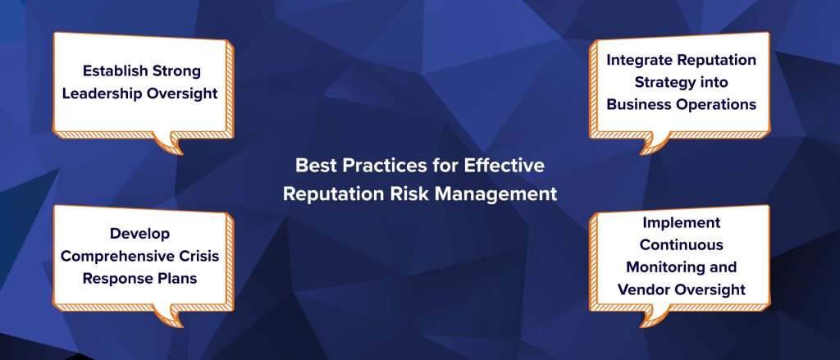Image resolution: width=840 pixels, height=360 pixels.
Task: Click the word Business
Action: coord(636,105)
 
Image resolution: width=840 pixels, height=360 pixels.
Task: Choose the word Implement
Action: coord(681,223)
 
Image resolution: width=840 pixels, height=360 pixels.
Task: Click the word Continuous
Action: coord(681,245)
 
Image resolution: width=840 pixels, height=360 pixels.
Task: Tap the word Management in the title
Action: coord(503,195)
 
